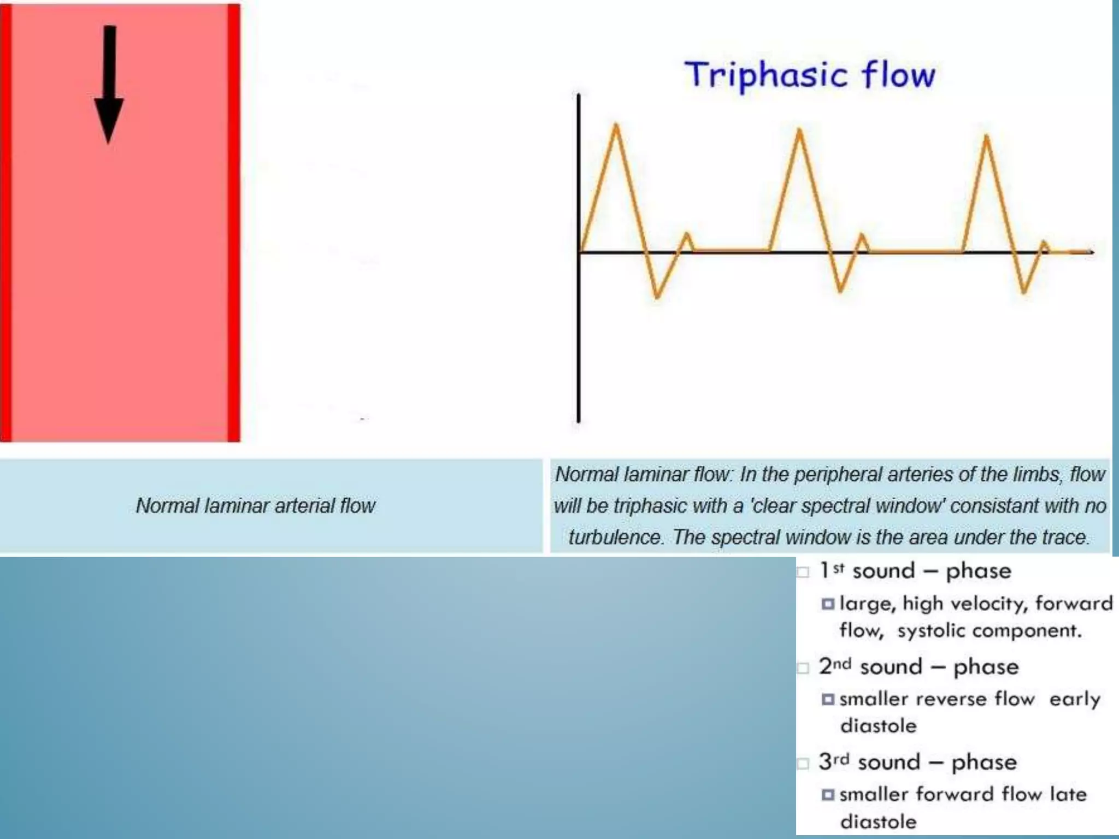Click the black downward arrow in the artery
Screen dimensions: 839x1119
[x=109, y=87]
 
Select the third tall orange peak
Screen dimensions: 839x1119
[x=987, y=138]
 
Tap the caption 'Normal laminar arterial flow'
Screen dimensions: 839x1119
[x=256, y=506]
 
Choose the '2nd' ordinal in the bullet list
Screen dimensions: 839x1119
[x=835, y=666]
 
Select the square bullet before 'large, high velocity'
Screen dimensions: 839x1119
[x=828, y=604]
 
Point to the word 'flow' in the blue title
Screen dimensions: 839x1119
[x=899, y=75]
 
